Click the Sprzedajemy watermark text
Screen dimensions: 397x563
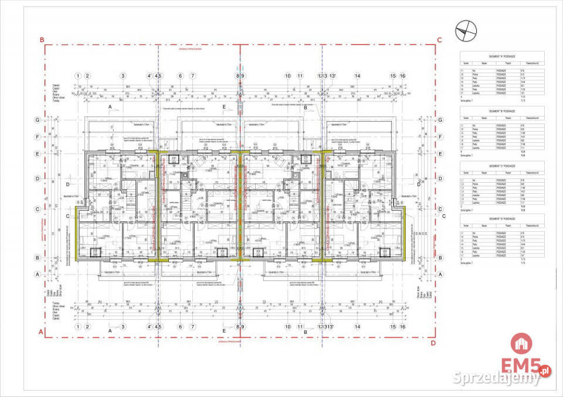pos(497,379)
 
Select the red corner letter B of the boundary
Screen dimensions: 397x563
pos(42,40)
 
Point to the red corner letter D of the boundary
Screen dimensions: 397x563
pos(433,343)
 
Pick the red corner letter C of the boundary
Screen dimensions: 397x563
pos(439,40)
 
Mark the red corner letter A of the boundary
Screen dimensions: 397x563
pos(41,332)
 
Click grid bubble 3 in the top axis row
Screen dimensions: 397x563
pos(123,76)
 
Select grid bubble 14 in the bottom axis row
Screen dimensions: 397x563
pos(357,328)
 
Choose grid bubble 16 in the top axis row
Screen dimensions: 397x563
pos(402,76)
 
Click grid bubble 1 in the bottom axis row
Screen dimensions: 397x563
pos(77,328)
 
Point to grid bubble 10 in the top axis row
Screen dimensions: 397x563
pos(287,76)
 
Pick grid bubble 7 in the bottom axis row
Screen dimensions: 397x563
pos(192,328)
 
